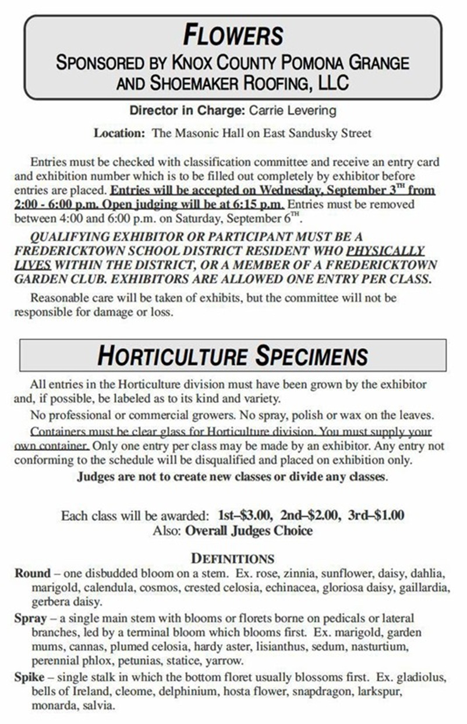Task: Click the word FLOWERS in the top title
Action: [233, 35]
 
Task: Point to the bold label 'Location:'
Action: [119, 133]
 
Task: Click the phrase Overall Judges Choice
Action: [249, 530]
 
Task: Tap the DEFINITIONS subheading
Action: [233, 558]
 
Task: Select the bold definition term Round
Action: [33, 573]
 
